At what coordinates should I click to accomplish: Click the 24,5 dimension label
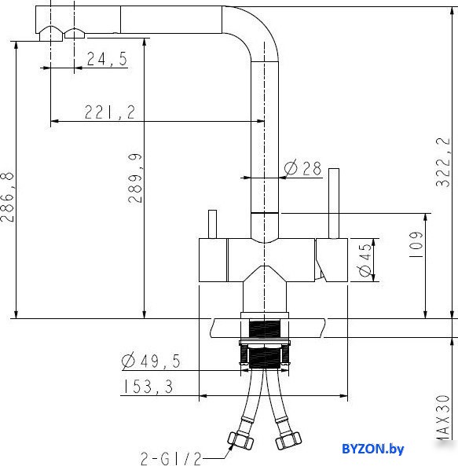point(107,59)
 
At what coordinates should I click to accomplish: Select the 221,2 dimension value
point(110,112)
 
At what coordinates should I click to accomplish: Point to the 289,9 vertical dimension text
point(135,178)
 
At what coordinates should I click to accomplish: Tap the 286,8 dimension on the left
point(7,196)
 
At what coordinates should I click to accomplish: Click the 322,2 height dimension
point(442,162)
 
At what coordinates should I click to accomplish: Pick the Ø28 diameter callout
point(302,168)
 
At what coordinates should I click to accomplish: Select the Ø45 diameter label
point(365,260)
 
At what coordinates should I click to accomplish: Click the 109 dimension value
point(416,244)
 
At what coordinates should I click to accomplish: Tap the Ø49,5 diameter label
point(151,361)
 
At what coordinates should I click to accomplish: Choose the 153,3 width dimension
point(148,387)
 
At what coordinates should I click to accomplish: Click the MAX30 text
point(443,416)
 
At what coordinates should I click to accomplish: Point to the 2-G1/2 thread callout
point(170,459)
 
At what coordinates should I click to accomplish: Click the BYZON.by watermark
point(372,449)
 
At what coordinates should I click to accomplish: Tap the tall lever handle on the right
point(334,204)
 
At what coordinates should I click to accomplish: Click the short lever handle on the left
point(212,224)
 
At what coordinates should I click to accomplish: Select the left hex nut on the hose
point(240,440)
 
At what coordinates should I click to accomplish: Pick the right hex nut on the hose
point(288,440)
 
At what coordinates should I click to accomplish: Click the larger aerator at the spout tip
point(51,33)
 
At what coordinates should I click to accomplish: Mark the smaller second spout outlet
point(75,33)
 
